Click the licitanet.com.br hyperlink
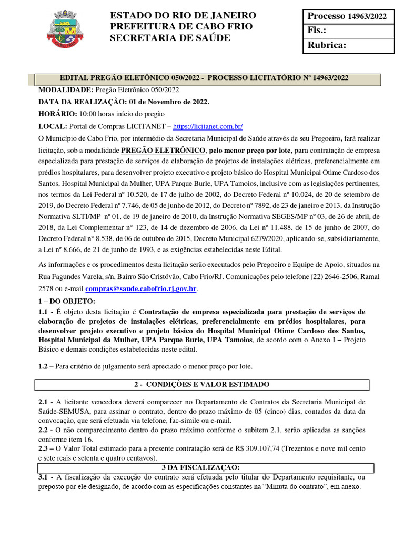tap(207, 126)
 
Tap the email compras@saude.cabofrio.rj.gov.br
tap(140, 288)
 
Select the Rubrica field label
tap(327, 45)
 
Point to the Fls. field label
tap(317, 31)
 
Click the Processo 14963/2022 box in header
tap(347, 16)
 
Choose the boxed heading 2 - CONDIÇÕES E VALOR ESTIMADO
tap(201, 384)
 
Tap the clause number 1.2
tap(46, 366)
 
